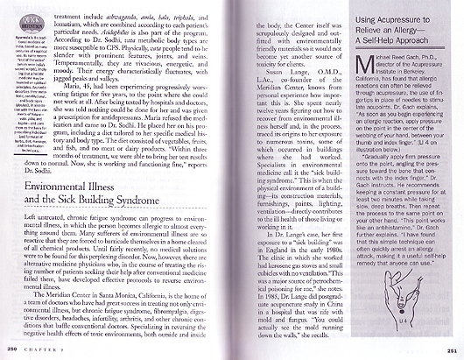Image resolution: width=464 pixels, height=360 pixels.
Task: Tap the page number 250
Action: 11,349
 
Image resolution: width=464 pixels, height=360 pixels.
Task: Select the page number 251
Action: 452,349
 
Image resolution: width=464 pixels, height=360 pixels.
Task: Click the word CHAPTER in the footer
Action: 40,349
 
